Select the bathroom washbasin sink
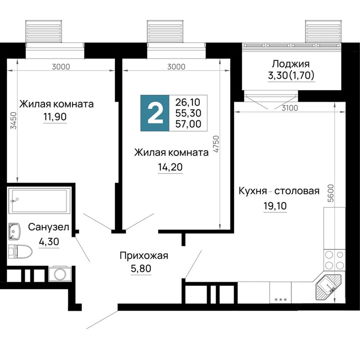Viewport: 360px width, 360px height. pyautogui.click(x=14, y=231)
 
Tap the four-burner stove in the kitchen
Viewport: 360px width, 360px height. pyautogui.click(x=334, y=260)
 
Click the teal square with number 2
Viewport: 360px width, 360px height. pyautogui.click(x=155, y=113)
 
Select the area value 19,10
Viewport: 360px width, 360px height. pyautogui.click(x=275, y=206)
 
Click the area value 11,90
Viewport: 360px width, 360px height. pyautogui.click(x=55, y=117)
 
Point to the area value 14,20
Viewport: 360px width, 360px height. pyautogui.click(x=170, y=167)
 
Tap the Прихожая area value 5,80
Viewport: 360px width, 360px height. pyautogui.click(x=141, y=268)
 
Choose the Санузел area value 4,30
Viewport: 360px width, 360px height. pyautogui.click(x=49, y=241)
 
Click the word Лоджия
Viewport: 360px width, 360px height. pyautogui.click(x=291, y=64)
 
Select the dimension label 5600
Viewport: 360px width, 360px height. pyautogui.click(x=330, y=193)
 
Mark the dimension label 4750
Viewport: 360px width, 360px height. pyautogui.click(x=216, y=144)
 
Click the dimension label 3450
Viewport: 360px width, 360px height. pyautogui.click(x=14, y=120)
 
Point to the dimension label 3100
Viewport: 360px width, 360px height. pyautogui.click(x=290, y=108)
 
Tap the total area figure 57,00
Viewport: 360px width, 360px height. pyautogui.click(x=188, y=124)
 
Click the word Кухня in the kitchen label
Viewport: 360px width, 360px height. pyautogui.click(x=252, y=191)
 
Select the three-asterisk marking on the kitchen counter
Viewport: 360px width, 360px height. pyautogui.click(x=280, y=299)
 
